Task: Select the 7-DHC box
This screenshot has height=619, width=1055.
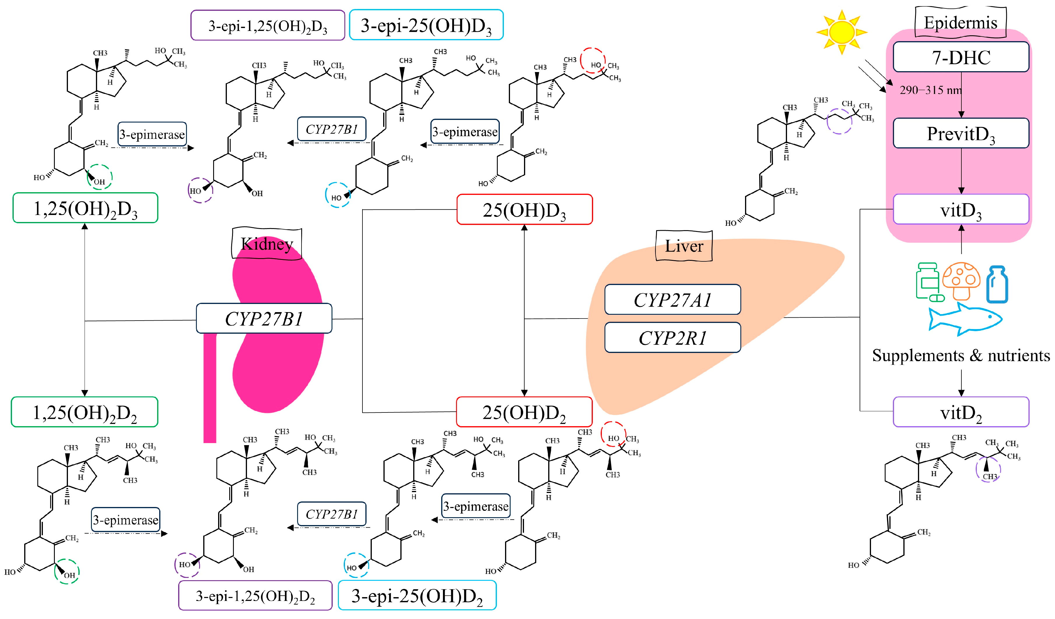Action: (961, 57)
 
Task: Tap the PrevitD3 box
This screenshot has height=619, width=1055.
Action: (961, 133)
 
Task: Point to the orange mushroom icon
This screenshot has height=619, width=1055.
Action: (961, 281)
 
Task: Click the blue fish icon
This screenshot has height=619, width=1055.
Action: (965, 319)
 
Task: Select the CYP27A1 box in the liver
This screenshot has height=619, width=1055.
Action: (672, 300)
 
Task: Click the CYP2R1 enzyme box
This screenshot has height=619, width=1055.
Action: (672, 338)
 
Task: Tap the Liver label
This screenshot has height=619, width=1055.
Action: (684, 246)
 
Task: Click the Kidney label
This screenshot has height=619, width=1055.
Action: (267, 244)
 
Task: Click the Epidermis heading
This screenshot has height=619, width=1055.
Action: (961, 22)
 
